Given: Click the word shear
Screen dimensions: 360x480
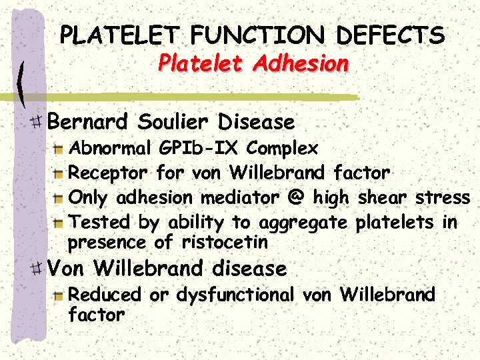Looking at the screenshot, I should point(384,198).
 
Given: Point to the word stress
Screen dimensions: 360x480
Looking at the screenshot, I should point(443,198).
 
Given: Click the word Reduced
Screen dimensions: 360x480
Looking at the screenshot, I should point(105,295).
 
